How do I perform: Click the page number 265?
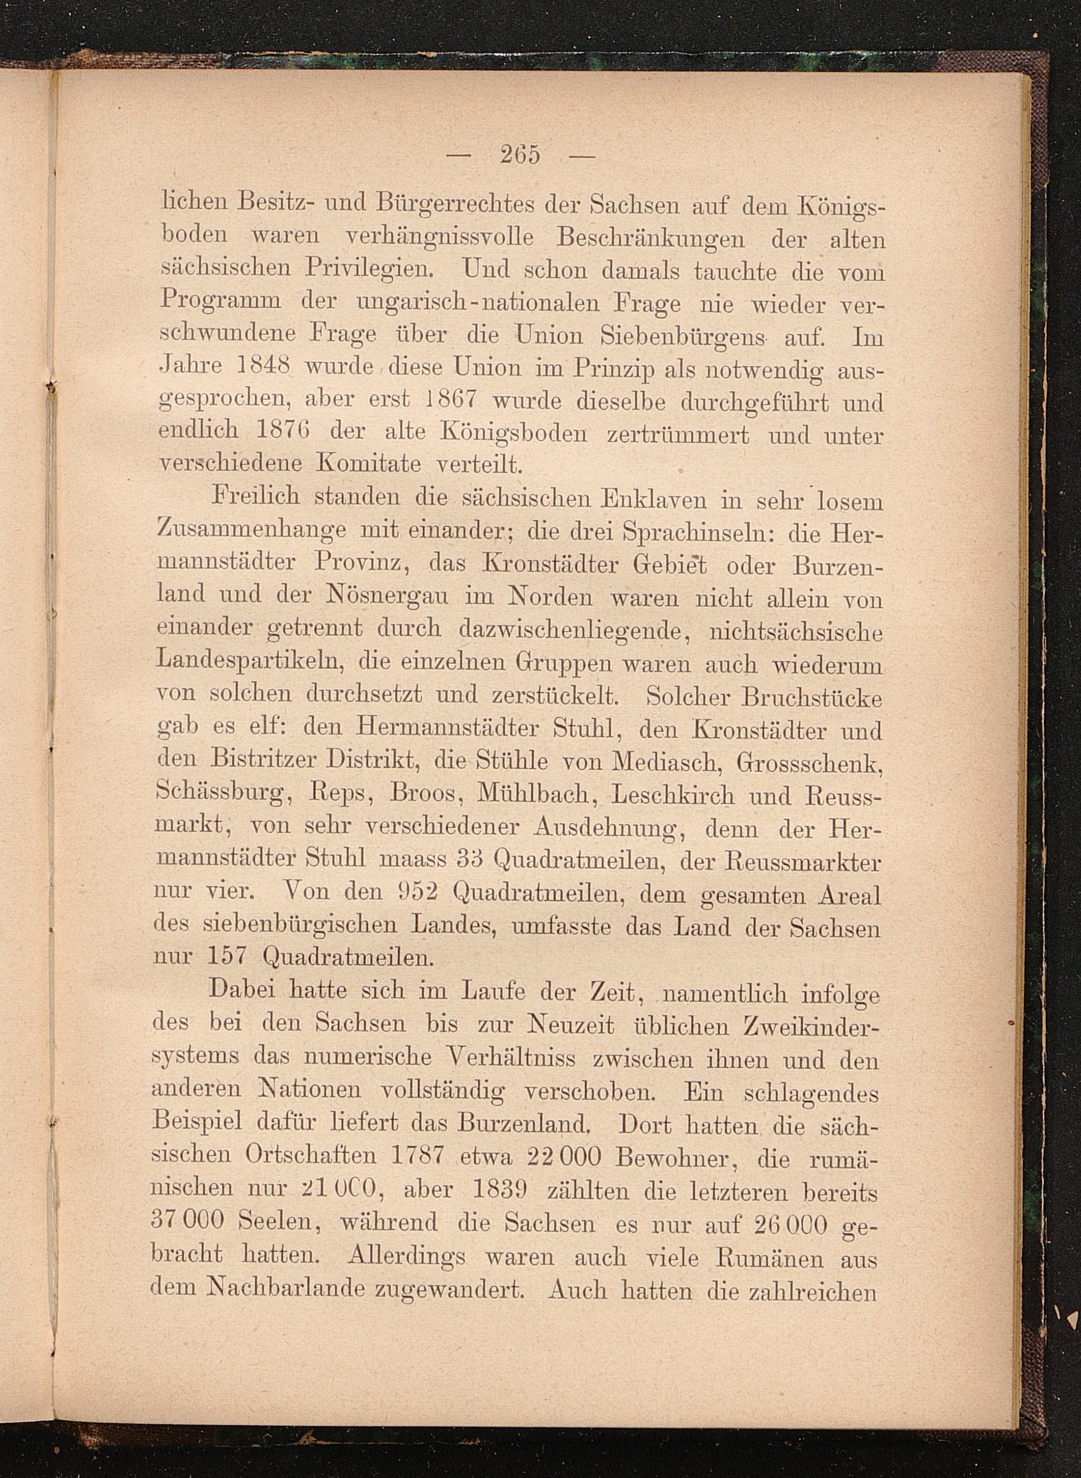click(x=520, y=155)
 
